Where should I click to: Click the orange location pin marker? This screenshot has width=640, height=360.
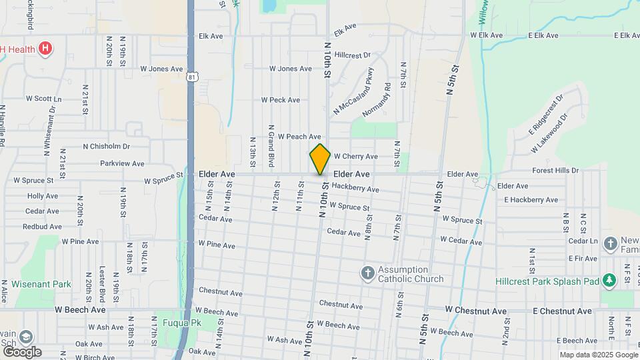(x=320, y=159)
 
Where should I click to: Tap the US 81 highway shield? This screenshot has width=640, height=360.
(x=192, y=77)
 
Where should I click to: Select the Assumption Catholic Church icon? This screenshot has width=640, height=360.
(x=367, y=272)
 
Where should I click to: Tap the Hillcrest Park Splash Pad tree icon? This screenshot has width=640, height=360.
(x=608, y=281)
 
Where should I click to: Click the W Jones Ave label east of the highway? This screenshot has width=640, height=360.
(x=290, y=69)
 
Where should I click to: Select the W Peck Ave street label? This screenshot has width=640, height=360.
(x=280, y=100)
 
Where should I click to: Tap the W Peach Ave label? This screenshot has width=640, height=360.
(x=299, y=136)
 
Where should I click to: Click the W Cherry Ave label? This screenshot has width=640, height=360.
(x=355, y=157)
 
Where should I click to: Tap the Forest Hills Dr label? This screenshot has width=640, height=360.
(x=556, y=171)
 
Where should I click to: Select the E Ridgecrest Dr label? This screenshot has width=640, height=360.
(x=546, y=113)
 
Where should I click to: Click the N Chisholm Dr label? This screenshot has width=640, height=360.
(x=107, y=146)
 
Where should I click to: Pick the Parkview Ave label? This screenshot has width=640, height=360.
(x=122, y=163)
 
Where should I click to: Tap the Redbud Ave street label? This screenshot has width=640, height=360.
(x=41, y=227)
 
